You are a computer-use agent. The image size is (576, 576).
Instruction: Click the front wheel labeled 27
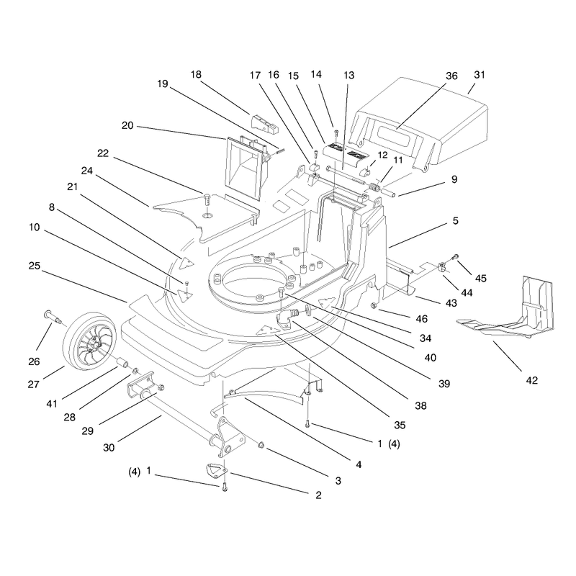89,341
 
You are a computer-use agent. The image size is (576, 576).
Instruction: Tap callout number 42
531,380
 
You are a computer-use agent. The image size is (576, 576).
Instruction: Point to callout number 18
196,75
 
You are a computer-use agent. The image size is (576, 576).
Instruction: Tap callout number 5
456,220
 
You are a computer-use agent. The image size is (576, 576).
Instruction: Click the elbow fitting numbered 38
287,318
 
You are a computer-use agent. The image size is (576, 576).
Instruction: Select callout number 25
34,266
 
